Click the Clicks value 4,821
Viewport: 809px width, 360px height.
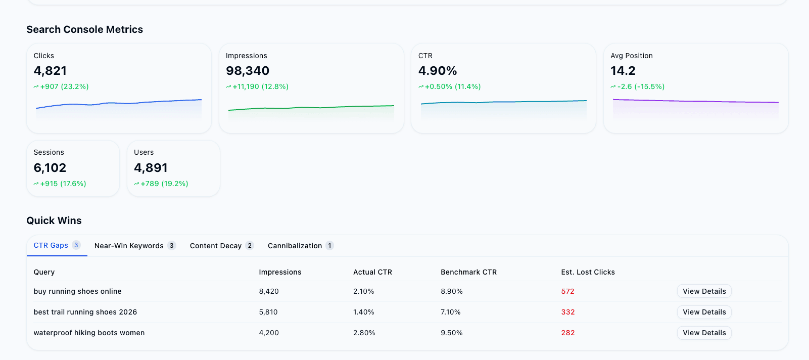tap(50, 71)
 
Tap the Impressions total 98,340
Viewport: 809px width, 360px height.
tap(248, 71)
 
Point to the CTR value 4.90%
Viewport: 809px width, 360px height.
tap(438, 71)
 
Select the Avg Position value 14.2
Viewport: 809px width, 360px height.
tap(623, 71)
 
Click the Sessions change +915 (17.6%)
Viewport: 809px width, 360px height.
tap(63, 184)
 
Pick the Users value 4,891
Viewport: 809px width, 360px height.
tap(151, 168)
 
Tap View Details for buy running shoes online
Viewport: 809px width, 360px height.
tap(704, 291)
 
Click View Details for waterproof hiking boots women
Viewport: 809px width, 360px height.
tap(704, 333)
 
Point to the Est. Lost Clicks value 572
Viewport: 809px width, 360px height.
tap(567, 291)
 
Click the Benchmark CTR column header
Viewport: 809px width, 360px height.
tap(468, 272)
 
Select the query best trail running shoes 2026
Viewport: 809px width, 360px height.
tap(85, 312)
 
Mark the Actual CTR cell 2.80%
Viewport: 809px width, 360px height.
tap(364, 333)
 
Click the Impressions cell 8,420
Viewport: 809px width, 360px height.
tap(269, 291)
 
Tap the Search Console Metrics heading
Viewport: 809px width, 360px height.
tap(84, 29)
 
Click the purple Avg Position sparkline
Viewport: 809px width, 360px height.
tap(695, 102)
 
